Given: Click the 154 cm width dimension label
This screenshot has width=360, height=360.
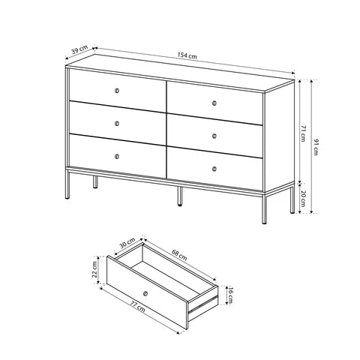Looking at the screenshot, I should tap(188, 56).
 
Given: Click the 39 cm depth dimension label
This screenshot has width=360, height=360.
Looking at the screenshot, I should tap(76, 50).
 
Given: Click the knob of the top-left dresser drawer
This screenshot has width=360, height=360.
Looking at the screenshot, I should tap(118, 91).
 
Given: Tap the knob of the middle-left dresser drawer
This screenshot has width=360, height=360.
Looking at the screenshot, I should tap(118, 124).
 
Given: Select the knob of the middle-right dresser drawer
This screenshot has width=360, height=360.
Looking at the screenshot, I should tap(215, 135).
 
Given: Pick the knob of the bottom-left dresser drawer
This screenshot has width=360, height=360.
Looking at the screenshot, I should tap(118, 156).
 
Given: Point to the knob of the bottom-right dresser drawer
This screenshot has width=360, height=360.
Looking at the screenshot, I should tap(215, 167).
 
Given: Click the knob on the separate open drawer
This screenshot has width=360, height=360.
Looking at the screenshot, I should tap(145, 292).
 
